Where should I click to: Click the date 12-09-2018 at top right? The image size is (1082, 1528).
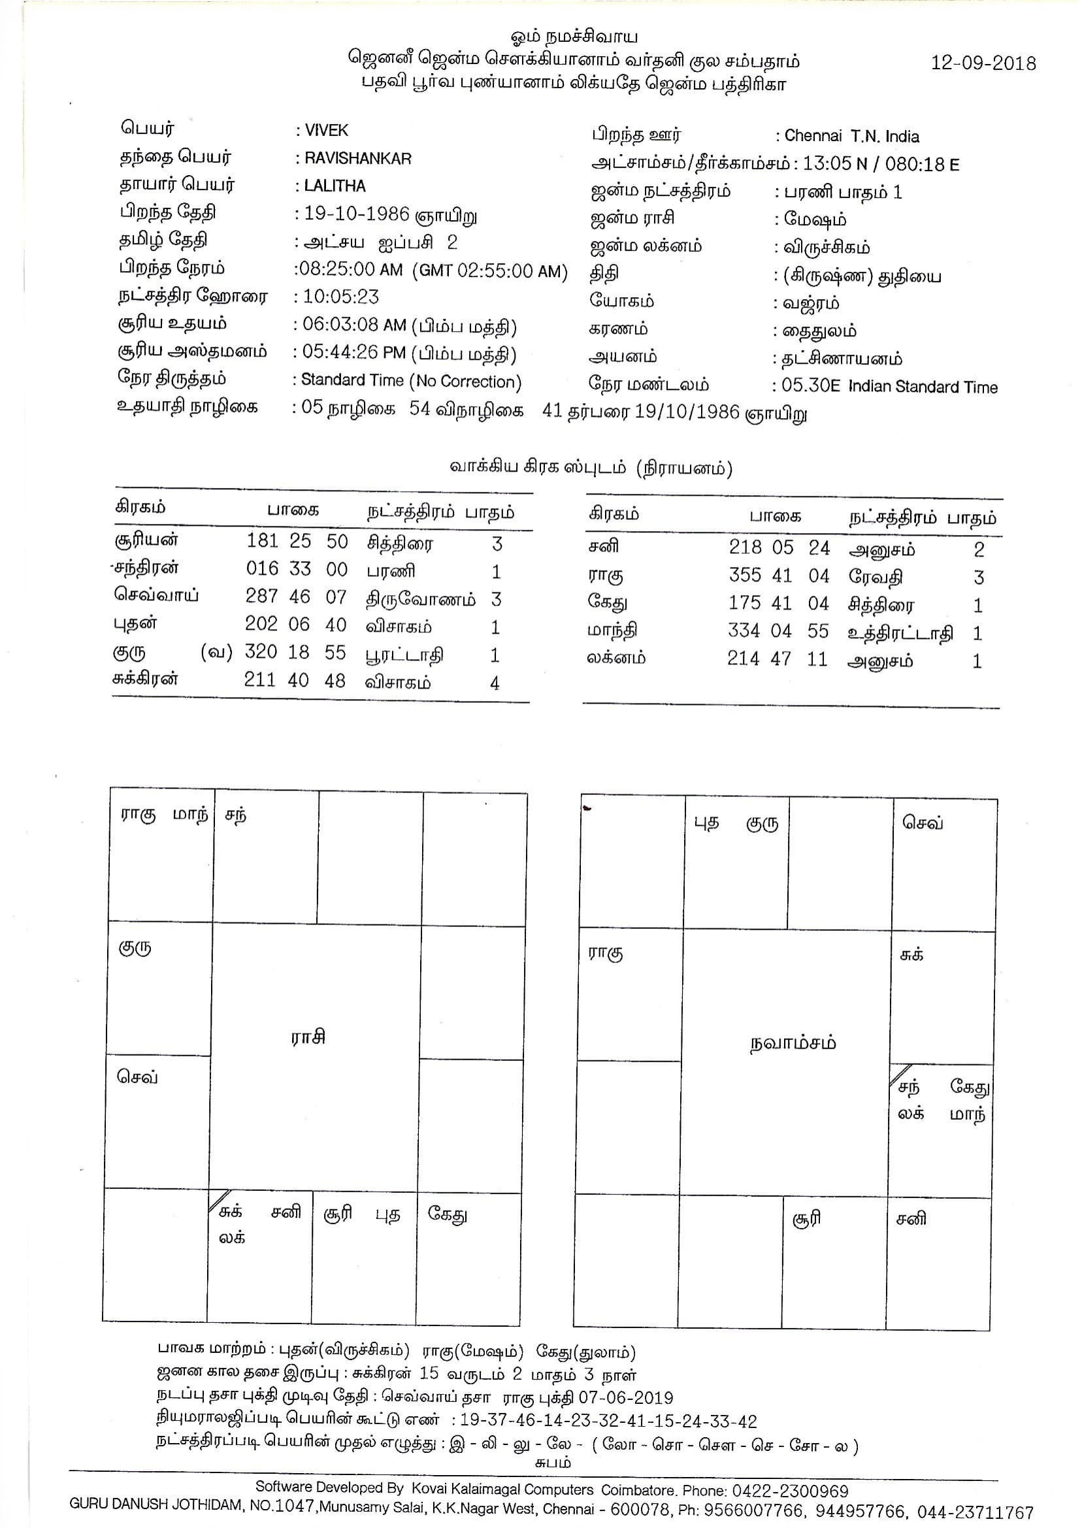click(x=983, y=63)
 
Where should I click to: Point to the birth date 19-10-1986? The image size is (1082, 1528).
click(x=357, y=214)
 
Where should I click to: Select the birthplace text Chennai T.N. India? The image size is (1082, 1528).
click(x=851, y=137)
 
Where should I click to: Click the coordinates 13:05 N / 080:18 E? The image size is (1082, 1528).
click(x=881, y=165)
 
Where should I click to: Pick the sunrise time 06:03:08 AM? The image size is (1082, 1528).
click(x=353, y=325)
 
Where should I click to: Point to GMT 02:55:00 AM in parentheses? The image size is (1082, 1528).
click(x=492, y=271)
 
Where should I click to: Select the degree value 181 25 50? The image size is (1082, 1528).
click(x=297, y=542)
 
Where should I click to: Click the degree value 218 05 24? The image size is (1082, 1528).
click(x=779, y=547)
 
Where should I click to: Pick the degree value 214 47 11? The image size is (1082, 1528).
click(x=777, y=658)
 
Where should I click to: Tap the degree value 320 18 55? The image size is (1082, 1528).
click(x=295, y=652)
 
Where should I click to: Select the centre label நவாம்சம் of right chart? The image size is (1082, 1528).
click(x=791, y=1043)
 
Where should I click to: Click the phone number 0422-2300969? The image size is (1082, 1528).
click(x=790, y=1491)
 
